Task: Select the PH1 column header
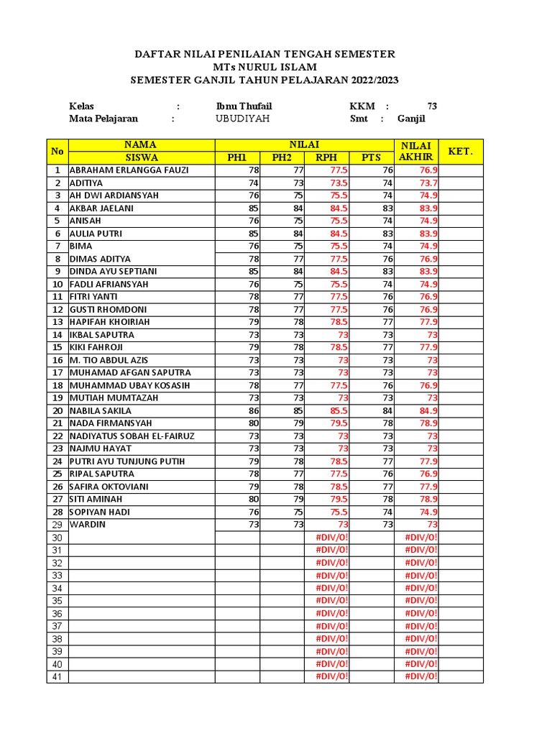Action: coord(237,157)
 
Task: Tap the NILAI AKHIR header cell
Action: coord(416,151)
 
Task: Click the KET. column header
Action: coord(460,151)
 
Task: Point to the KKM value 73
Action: coord(431,106)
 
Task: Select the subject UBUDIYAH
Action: coord(244,119)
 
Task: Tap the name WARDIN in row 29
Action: coord(88,524)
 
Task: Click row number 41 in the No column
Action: coord(57,676)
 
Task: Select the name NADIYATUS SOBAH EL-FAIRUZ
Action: coord(132,436)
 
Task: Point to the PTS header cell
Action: coord(372,157)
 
